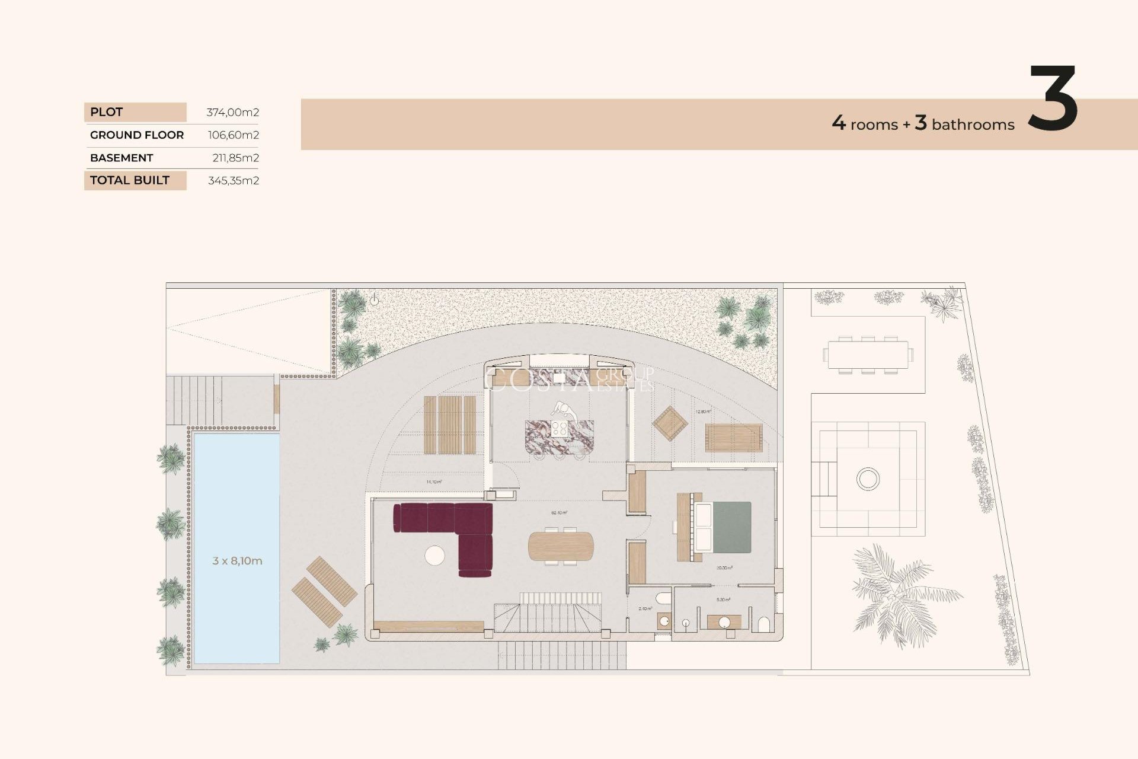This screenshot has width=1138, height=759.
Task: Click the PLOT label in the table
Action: click(x=107, y=112)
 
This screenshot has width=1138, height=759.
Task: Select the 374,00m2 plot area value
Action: click(x=232, y=112)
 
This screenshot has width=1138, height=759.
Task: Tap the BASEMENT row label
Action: click(x=122, y=158)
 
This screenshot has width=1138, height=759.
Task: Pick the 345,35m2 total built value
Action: click(x=233, y=180)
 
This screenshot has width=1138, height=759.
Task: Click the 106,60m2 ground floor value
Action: click(x=233, y=135)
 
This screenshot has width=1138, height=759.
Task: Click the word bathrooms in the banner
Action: click(x=973, y=125)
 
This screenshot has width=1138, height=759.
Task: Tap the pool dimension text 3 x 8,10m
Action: click(x=237, y=561)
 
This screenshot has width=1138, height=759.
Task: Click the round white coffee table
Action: click(x=434, y=555)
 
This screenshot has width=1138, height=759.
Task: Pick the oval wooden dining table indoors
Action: click(x=560, y=546)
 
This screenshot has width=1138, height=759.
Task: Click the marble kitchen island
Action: click(x=559, y=437)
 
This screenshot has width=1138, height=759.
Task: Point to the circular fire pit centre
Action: click(x=868, y=479)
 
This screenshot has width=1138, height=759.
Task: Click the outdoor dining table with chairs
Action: click(x=868, y=355)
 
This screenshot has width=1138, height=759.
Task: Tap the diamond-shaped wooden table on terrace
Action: click(x=670, y=423)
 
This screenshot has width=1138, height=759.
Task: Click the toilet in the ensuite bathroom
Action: click(x=764, y=624)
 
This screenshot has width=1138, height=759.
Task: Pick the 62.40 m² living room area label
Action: click(x=559, y=512)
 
